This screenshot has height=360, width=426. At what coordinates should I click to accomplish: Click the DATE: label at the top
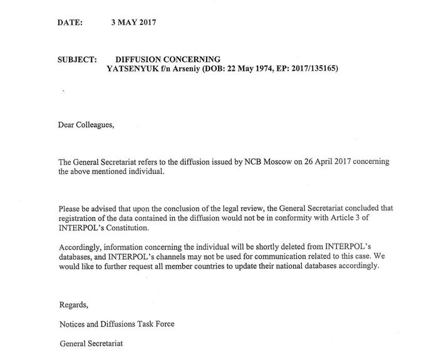point(70,22)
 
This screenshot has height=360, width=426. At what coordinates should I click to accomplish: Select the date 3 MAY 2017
point(133,22)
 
